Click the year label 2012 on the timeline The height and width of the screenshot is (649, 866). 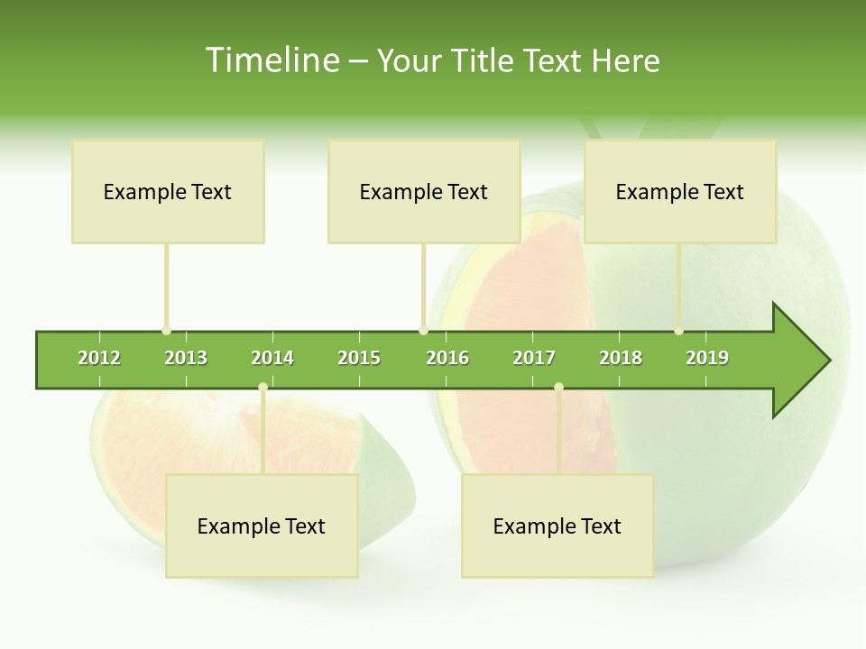(x=99, y=358)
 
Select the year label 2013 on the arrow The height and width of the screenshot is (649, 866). (x=186, y=358)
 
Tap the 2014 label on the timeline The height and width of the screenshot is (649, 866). (x=272, y=358)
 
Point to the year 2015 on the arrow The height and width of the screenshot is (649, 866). (x=359, y=358)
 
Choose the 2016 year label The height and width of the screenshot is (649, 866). (x=447, y=358)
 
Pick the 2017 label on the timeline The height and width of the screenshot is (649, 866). (x=534, y=358)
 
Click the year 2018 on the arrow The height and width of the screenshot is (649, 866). (x=621, y=358)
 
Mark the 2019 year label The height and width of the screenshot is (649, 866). (x=707, y=358)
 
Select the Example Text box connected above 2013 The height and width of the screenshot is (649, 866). (x=168, y=191)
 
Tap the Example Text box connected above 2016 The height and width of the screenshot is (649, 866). (x=424, y=191)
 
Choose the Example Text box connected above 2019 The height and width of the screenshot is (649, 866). (x=680, y=191)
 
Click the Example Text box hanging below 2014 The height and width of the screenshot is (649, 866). (x=262, y=526)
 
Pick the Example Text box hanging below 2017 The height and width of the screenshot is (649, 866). (x=557, y=526)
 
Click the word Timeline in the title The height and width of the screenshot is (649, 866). (x=271, y=60)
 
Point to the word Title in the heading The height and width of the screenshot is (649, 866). (x=485, y=60)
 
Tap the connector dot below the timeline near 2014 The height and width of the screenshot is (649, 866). (x=263, y=387)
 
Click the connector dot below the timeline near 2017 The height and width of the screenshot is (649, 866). (x=558, y=387)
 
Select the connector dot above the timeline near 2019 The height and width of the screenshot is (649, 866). (x=679, y=331)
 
